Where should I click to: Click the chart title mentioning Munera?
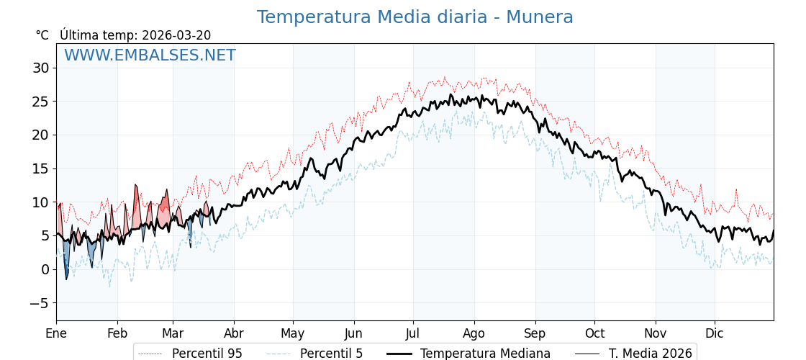coord(415,17)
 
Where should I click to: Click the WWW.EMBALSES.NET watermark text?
coord(150,55)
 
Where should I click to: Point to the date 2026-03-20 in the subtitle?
coord(176,35)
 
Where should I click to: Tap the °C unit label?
coord(42,35)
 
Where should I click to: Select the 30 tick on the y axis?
coord(40,68)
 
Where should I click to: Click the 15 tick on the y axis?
coord(40,168)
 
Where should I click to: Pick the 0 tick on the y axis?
coord(45,269)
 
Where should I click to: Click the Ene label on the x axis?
coord(56,333)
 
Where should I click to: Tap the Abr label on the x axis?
coord(234,333)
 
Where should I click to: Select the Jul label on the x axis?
coord(413,333)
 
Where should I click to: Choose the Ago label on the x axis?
coord(474,333)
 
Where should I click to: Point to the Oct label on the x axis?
coord(594,333)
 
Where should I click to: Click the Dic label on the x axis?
coord(715,333)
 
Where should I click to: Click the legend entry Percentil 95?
coord(207,354)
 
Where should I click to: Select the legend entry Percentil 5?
coord(331,354)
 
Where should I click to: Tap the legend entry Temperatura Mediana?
coord(485,354)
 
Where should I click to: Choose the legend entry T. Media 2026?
coord(650,354)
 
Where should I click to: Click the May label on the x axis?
coord(293,333)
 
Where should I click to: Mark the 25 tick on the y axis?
coord(40,102)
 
